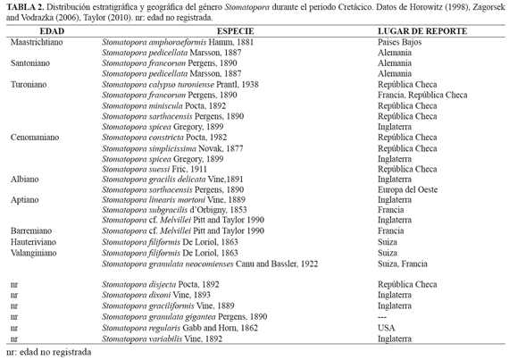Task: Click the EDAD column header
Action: [x=52, y=31]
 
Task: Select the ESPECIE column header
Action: [x=236, y=31]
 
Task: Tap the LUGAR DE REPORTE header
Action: [x=422, y=31]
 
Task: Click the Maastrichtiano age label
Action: [x=37, y=42]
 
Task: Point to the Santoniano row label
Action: [x=30, y=63]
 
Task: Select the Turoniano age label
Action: [x=29, y=85]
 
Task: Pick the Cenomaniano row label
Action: [x=35, y=138]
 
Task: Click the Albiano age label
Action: [x=25, y=180]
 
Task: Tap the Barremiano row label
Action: [x=31, y=230]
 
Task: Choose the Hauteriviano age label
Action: [x=33, y=242]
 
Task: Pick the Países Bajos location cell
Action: [x=399, y=42]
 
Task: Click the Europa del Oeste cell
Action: [x=407, y=189]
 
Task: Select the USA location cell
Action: [x=387, y=328]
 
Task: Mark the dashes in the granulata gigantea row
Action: [x=382, y=317]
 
